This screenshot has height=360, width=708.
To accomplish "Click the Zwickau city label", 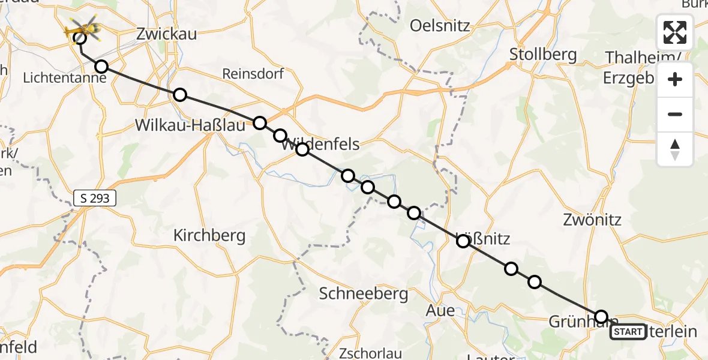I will pyautogui.click(x=166, y=34).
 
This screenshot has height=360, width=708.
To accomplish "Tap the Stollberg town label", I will pyautogui.click(x=542, y=55).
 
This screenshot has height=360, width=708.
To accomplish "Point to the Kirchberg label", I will pyautogui.click(x=209, y=236).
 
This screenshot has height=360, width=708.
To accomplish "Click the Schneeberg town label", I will pyautogui.click(x=364, y=293).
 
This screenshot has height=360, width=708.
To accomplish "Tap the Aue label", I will pyautogui.click(x=440, y=310).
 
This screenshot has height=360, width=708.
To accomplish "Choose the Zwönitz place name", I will pyautogui.click(x=592, y=220).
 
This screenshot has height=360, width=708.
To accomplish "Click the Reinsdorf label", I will pyautogui.click(x=253, y=74).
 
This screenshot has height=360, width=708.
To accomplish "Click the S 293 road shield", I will pyautogui.click(x=95, y=198).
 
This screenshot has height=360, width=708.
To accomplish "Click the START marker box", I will pyautogui.click(x=628, y=331).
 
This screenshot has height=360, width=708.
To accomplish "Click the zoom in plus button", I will pyautogui.click(x=675, y=79).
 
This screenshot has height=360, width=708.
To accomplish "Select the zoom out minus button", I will pyautogui.click(x=675, y=114).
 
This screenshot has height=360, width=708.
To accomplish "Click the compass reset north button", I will pyautogui.click(x=675, y=149).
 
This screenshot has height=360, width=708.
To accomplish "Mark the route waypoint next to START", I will pyautogui.click(x=601, y=317).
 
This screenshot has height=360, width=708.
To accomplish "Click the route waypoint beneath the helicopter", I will pyautogui.click(x=79, y=39).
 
